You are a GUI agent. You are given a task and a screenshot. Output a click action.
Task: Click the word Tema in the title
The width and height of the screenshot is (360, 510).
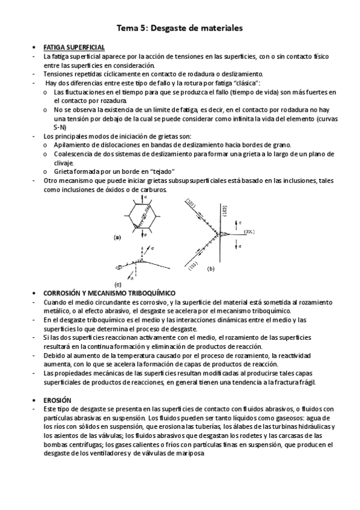coord(127,28)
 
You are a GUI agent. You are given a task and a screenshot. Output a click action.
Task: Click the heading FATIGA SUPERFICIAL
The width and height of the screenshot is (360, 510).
coord(75,47)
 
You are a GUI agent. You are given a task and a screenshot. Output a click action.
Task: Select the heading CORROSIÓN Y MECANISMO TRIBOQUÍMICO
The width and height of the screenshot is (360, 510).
coord(109,292)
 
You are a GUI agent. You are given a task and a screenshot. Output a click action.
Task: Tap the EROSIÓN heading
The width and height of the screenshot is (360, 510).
coord(58,399)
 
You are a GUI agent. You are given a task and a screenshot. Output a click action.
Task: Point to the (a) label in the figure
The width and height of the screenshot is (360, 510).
coord(117,238)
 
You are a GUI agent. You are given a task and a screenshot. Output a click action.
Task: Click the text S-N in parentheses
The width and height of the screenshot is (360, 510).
coord(60,128)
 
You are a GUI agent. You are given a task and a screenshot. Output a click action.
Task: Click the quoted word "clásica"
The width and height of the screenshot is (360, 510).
coord(247,82)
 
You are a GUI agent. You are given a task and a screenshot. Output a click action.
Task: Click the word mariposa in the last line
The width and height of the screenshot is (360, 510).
coord(191,454)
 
